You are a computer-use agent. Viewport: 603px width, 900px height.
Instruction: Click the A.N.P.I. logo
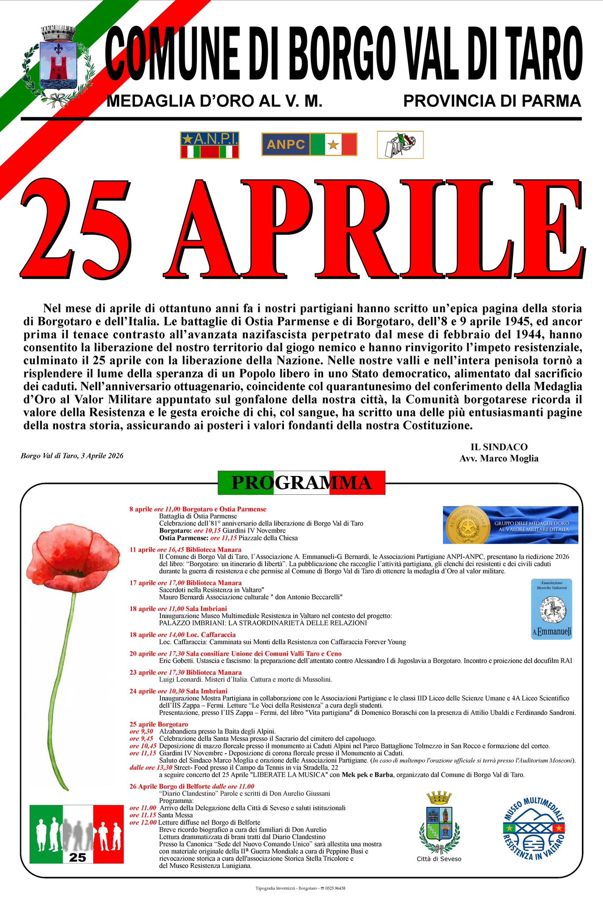pos(210,145)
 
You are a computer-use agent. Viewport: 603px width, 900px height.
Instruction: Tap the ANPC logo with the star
pos(309,145)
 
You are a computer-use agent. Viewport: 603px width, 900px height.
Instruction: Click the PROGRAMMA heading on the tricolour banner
pos(301,483)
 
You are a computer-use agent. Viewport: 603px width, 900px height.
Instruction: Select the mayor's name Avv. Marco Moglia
pos(499,458)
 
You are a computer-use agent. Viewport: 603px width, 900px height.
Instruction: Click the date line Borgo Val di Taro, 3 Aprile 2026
pos(72,456)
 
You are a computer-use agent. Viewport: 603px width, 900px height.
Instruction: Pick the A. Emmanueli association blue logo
pos(552,609)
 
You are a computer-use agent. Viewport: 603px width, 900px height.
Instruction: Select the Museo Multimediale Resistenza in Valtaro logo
pos(534,829)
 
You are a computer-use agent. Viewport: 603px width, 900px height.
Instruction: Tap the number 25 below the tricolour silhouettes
pos(78,857)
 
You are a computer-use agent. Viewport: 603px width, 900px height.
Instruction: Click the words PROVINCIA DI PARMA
pos(492,101)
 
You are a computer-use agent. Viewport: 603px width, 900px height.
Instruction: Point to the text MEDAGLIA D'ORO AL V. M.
pos(214,101)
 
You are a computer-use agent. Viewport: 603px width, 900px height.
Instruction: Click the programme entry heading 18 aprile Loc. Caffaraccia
pos(182,635)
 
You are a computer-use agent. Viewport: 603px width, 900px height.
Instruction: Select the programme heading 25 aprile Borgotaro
pos(159,724)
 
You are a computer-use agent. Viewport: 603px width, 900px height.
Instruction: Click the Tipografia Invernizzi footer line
pos(301,888)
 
